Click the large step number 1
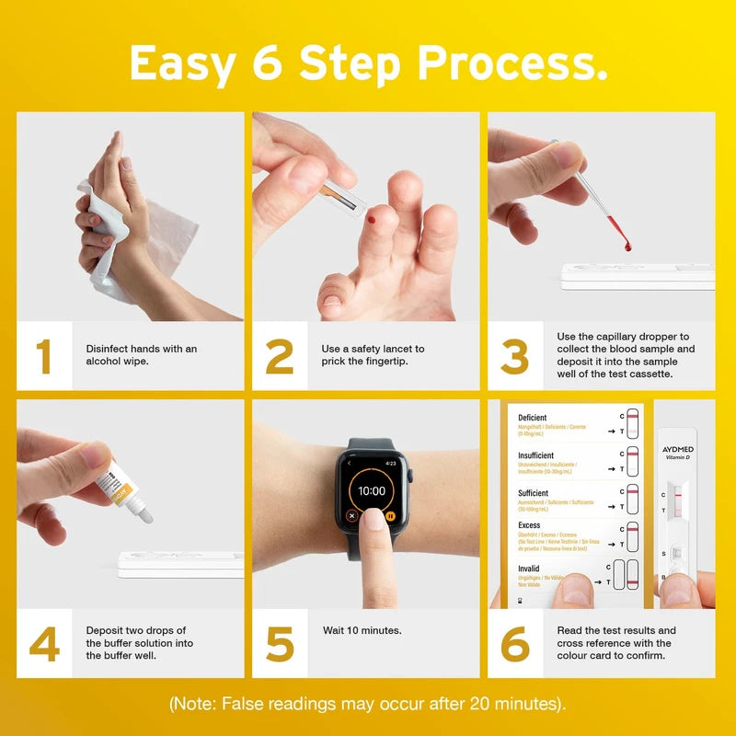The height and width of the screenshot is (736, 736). click(x=43, y=357)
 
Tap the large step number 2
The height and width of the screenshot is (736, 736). click(x=280, y=357)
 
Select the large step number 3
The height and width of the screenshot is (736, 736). click(x=515, y=357)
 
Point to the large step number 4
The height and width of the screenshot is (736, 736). click(x=43, y=644)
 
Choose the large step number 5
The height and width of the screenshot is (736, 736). click(x=280, y=644)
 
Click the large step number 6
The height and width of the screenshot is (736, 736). click(x=515, y=644)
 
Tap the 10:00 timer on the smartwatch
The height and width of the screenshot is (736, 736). click(x=371, y=491)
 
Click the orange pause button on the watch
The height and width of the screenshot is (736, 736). click(x=390, y=516)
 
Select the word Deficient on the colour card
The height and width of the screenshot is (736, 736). click(x=533, y=418)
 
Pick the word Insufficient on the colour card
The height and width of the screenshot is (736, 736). click(x=536, y=455)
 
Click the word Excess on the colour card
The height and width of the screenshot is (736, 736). click(x=529, y=525)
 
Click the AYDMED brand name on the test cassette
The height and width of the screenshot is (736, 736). click(x=677, y=448)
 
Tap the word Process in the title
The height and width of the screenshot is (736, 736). click(x=512, y=63)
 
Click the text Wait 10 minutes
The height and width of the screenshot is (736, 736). click(x=362, y=630)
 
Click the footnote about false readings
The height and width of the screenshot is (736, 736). click(x=368, y=704)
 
